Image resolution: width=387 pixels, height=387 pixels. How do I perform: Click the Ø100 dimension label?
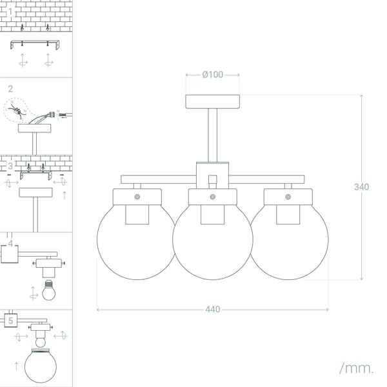tap(212, 75)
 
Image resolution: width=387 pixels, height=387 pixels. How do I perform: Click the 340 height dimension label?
tap(361, 187)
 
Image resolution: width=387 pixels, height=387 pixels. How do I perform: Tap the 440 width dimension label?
tap(212, 310)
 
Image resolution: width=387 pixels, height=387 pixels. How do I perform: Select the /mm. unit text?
tap(356, 368)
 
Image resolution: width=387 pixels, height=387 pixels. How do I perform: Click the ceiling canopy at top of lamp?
tap(212, 101)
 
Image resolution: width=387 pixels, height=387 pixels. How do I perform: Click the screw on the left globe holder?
tap(137, 195)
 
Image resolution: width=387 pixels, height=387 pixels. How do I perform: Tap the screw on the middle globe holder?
tap(212, 195)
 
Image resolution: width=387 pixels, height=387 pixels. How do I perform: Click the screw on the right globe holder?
tap(288, 195)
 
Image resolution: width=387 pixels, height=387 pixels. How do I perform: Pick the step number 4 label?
tap(11, 244)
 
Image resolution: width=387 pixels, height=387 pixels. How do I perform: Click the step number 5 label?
tap(11, 320)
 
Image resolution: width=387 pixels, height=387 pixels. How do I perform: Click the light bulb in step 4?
tap(49, 293)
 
